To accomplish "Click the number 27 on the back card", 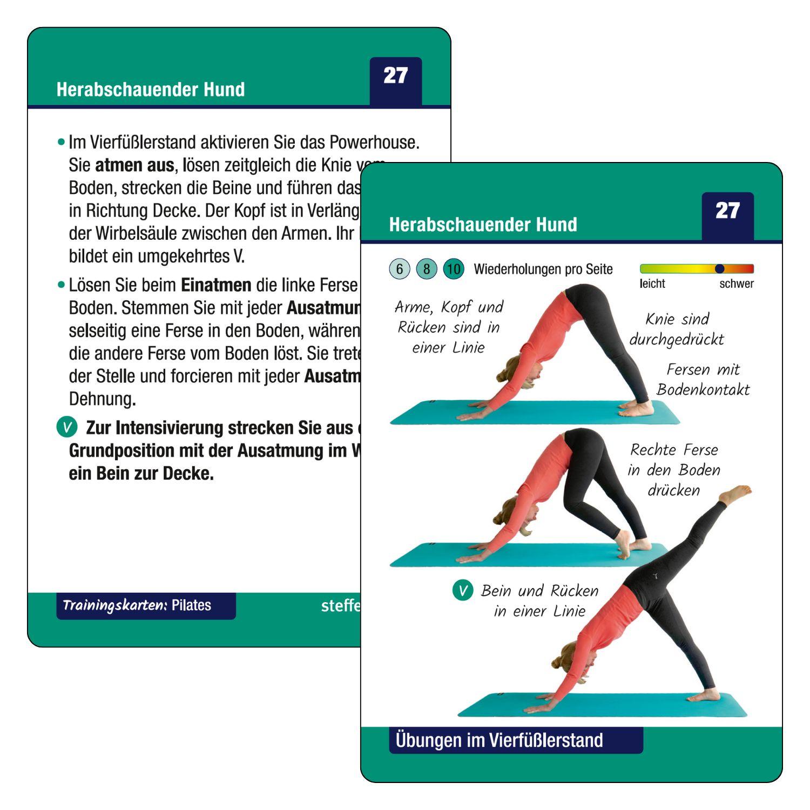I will click(395, 76).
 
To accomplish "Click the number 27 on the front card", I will click(727, 211).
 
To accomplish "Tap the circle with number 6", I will click(400, 269).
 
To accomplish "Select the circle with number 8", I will click(427, 269).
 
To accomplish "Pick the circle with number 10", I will click(454, 269).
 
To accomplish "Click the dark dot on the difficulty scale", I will click(719, 268).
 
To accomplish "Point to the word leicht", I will click(652, 283).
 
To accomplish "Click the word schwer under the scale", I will click(736, 283).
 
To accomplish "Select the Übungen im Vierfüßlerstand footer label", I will click(500, 740).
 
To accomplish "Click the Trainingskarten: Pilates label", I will click(137, 605).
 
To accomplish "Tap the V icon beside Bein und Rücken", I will click(463, 590).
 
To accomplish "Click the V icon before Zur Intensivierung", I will click(67, 427).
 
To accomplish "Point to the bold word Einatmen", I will click(216, 285).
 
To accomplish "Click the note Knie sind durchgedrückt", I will click(677, 329).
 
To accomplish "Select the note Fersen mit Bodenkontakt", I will click(703, 379).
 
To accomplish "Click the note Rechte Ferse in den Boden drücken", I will click(674, 470).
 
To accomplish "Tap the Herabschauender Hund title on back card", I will click(151, 89).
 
